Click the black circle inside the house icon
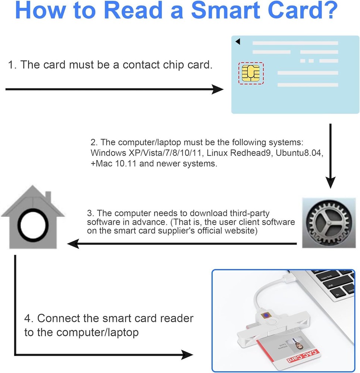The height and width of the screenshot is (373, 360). tap(33, 226)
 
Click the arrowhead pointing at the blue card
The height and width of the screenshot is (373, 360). tap(218, 90)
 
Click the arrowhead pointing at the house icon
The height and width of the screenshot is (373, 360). tap(73, 244)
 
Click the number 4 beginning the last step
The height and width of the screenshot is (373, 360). tap(28, 319)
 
